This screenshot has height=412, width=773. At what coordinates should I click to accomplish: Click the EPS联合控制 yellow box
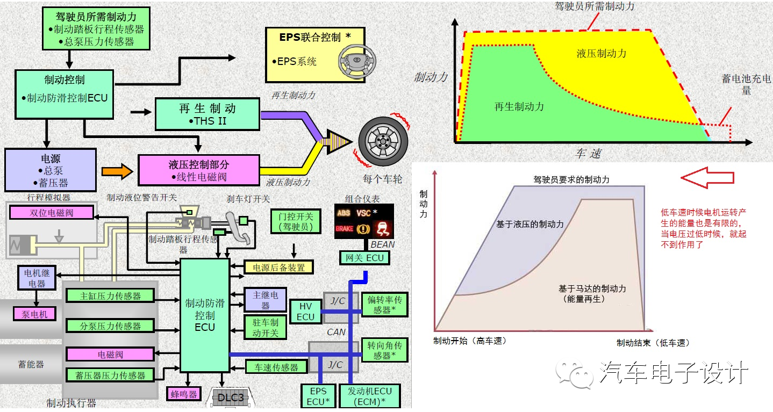(316, 53)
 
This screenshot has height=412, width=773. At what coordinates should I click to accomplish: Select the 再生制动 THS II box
(207, 114)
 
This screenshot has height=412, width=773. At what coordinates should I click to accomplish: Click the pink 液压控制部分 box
(199, 170)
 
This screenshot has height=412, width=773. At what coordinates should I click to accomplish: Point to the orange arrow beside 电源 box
(117, 171)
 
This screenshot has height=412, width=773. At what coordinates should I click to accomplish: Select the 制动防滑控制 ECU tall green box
(205, 315)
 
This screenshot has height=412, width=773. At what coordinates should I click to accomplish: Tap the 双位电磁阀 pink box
(52, 213)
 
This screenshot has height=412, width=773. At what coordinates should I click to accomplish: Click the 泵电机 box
(35, 314)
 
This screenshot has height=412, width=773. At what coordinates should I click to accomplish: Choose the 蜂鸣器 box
(183, 394)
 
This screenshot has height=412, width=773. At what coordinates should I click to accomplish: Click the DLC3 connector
(231, 397)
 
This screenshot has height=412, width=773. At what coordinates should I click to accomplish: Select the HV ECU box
(305, 312)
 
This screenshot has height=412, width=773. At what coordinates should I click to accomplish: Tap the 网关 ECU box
(364, 258)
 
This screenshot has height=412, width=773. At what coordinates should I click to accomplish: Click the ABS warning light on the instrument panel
(343, 213)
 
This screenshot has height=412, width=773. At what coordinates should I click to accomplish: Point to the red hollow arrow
(706, 177)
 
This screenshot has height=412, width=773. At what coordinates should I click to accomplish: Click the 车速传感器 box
(276, 367)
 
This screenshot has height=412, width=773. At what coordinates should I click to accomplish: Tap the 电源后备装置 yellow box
(278, 267)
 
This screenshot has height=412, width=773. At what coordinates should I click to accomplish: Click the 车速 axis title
(588, 154)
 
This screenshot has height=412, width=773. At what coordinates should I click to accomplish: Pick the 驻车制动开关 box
(266, 328)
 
